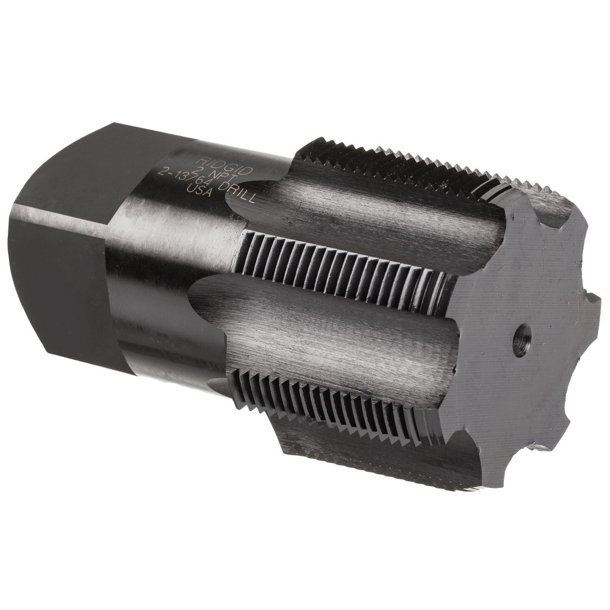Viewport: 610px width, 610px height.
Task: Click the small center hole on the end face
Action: point(520,337)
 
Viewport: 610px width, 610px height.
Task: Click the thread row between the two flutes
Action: point(342,268)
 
